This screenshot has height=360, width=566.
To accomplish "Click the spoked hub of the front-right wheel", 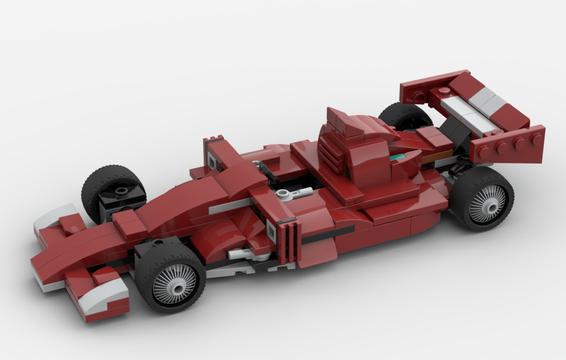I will [174, 284].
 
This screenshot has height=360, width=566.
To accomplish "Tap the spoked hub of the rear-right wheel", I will [487, 203].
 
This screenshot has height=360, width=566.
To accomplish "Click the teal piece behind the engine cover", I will [400, 156].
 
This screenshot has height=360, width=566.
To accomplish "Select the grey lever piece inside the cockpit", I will [295, 194].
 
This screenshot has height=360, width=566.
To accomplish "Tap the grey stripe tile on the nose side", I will [229, 207].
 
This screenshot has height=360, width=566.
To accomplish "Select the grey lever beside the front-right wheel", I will [241, 254].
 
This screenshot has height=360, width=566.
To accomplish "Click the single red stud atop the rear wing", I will [444, 91].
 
